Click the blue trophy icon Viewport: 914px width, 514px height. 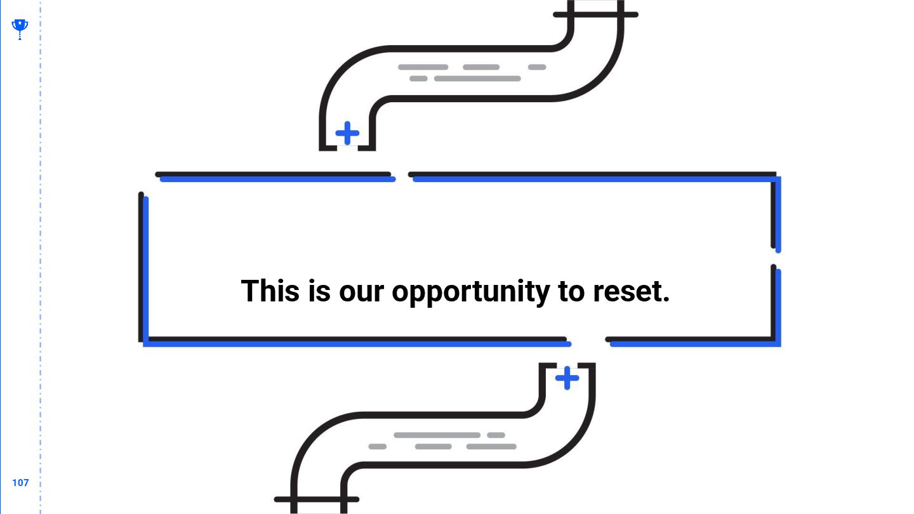point(20,28)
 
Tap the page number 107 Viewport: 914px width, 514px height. point(20,483)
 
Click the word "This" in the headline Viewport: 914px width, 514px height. point(270,291)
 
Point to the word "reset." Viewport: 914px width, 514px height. point(631,292)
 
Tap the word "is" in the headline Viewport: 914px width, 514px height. point(319,291)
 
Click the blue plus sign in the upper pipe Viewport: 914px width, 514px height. point(347,133)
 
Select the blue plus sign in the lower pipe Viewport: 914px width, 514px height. point(567,378)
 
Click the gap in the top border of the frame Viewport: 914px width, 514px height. point(402,176)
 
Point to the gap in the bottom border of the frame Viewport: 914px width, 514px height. point(588,341)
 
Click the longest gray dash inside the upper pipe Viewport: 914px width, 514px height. point(477,79)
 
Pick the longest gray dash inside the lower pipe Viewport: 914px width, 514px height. point(437,435)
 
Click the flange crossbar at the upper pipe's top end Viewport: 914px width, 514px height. point(595,15)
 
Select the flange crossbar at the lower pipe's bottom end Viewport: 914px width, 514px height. point(317,499)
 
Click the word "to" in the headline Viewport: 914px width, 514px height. point(571,292)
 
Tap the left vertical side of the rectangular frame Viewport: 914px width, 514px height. point(143,267)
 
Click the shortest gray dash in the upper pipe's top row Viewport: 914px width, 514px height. point(537,67)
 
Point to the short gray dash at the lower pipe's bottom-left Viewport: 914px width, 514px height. point(377,447)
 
